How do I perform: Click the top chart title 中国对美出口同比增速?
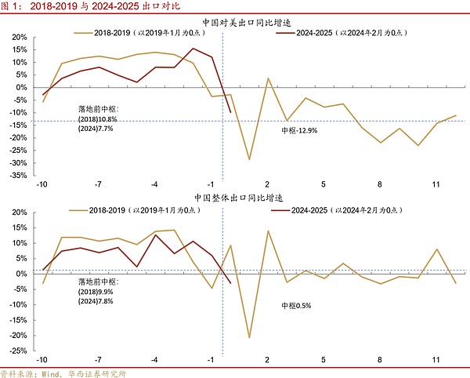click(235, 23)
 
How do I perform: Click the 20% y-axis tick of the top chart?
click(19, 37)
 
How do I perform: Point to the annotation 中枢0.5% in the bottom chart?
click(295, 305)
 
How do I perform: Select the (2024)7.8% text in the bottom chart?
click(95, 300)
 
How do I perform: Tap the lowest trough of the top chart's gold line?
click(249, 159)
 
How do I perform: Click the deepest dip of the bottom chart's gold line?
click(249, 338)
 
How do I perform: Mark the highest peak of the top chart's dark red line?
click(193, 49)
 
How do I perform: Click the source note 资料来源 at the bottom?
click(63, 373)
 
